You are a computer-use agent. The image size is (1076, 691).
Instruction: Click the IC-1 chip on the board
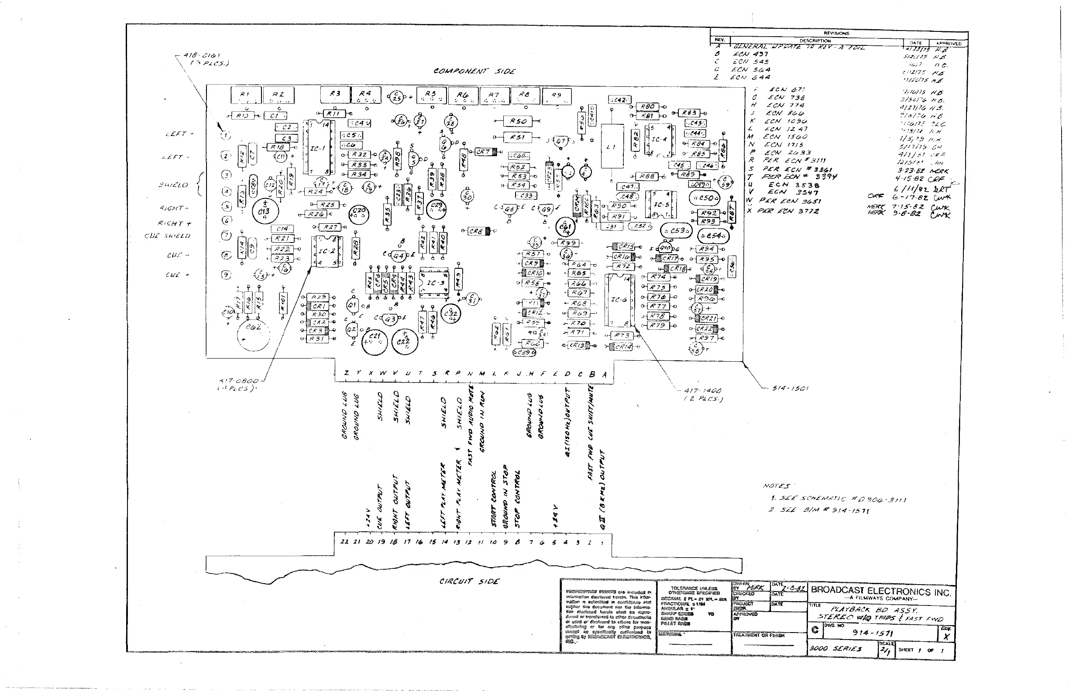tap(318, 148)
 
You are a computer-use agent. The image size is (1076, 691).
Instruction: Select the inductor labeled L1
tap(612, 146)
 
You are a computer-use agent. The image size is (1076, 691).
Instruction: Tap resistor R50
tap(518, 121)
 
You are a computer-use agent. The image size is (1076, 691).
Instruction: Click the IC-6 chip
tap(619, 300)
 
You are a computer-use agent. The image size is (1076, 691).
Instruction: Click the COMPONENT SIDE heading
tap(474, 71)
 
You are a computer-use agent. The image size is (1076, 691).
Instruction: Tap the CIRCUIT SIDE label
tap(469, 581)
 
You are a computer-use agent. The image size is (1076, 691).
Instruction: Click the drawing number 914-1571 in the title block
tap(873, 633)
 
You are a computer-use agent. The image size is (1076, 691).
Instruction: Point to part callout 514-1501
tap(790, 388)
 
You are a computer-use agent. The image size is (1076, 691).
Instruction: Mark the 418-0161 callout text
tap(202, 56)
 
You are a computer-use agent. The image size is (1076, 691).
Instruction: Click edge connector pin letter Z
tap(346, 373)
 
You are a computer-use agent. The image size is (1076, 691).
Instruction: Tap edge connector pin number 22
tap(344, 541)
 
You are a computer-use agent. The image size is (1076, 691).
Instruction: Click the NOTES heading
tap(776, 486)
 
